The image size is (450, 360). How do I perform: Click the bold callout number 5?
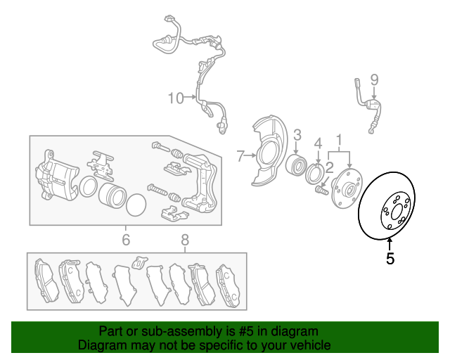click(x=390, y=258)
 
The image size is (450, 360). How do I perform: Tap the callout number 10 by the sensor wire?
click(x=176, y=98)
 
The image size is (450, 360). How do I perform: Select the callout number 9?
click(x=374, y=80)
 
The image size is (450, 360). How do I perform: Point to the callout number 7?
click(x=240, y=156)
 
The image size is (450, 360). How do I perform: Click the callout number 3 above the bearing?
click(x=297, y=135)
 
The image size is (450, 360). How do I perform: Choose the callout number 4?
click(x=318, y=144)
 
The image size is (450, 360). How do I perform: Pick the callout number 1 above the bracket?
click(x=339, y=140)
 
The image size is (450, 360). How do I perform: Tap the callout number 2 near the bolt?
click(x=330, y=168)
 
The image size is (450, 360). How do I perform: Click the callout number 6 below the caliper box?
click(x=126, y=240)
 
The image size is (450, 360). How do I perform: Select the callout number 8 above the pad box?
click(x=185, y=240)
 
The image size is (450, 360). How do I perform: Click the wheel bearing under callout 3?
click(x=296, y=166)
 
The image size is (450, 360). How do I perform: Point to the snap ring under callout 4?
click(x=314, y=174)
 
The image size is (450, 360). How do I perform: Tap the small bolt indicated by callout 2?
click(x=322, y=191)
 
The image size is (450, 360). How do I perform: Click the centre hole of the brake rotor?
click(x=397, y=212)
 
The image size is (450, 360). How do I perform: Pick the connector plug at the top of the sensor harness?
click(x=169, y=20)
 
